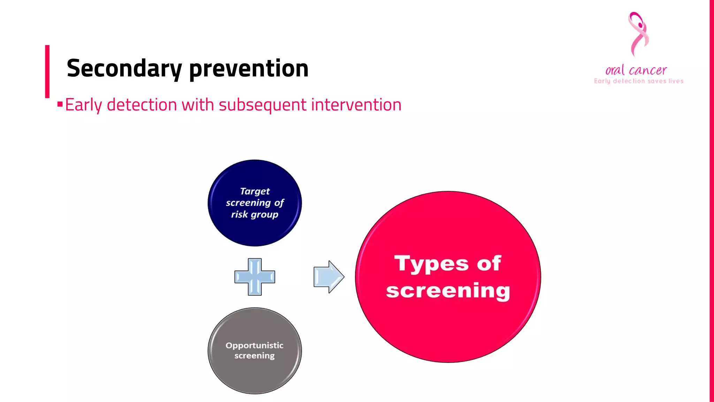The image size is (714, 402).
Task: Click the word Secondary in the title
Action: point(124,68)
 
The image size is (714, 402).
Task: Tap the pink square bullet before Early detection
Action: point(60,104)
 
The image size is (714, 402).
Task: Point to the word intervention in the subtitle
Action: point(356,105)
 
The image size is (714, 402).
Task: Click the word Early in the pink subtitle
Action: point(83,105)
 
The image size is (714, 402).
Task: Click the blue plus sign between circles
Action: point(255,277)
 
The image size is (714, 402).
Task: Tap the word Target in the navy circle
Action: point(255,191)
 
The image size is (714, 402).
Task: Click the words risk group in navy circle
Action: point(255,214)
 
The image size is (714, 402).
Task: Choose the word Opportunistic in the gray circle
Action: point(254,345)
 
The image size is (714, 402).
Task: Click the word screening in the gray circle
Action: point(254,356)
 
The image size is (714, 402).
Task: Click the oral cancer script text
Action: point(636,70)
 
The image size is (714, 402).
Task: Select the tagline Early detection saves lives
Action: point(638,81)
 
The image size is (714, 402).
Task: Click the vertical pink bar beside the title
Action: point(47,72)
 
